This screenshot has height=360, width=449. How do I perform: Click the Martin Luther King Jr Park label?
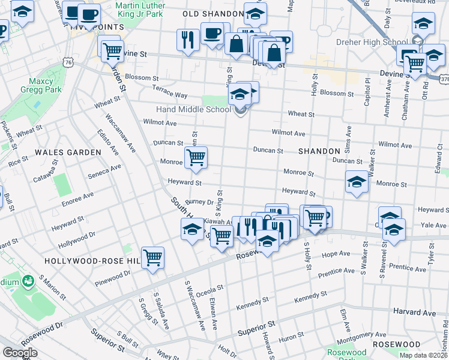139,9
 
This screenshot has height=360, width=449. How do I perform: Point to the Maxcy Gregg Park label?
41,85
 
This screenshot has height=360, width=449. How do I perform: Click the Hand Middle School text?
193,109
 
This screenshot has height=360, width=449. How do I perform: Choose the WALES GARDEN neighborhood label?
68,152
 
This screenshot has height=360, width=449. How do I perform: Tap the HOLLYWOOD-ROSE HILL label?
90,261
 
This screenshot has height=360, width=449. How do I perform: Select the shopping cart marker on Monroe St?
196,158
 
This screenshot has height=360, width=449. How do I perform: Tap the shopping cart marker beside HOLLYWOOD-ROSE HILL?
153,258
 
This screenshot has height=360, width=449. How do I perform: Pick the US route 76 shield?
70,62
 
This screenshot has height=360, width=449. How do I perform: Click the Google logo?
20,353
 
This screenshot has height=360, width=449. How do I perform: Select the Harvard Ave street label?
414,313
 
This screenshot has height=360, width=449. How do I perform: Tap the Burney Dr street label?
200,203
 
